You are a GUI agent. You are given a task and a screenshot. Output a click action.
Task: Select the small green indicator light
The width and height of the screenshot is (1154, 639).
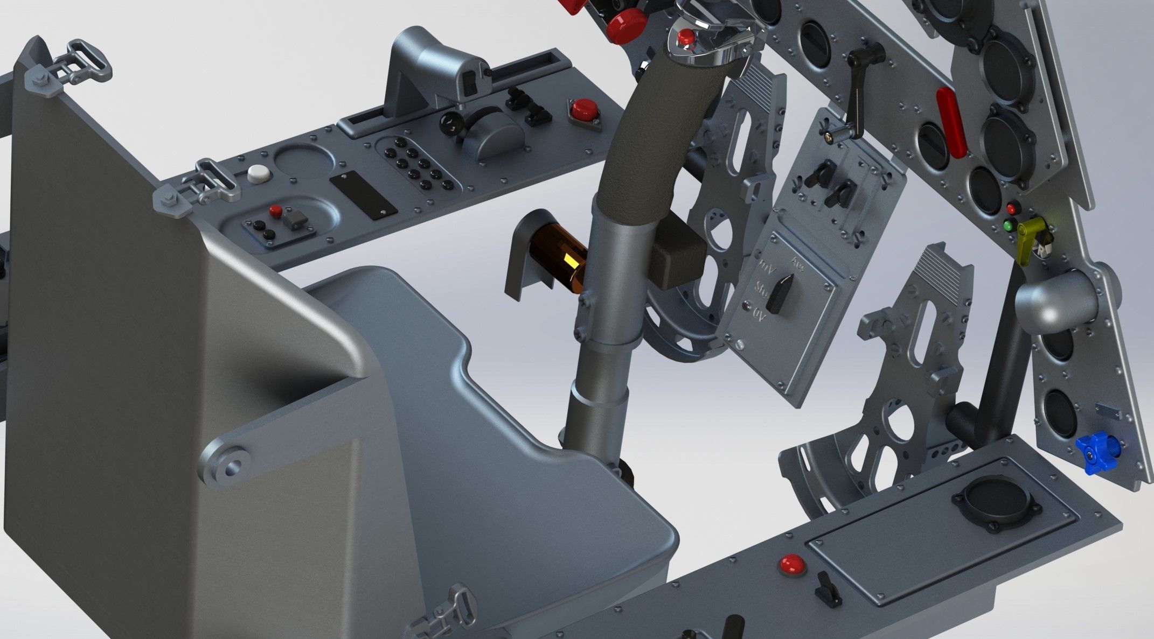[x=1009, y=226]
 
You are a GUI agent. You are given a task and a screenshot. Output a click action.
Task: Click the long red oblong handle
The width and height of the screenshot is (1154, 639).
[x=951, y=123]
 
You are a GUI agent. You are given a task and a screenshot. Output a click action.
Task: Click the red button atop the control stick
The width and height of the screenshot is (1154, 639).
[x=685, y=38]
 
